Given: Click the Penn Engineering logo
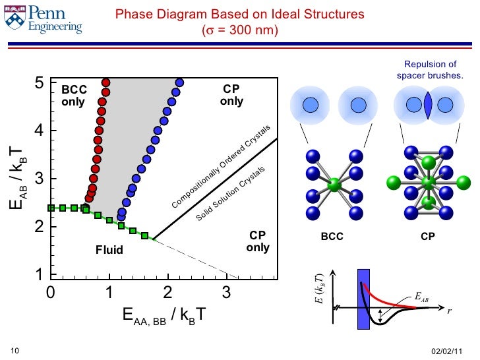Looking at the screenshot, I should pos(43,20).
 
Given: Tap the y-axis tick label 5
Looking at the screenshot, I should pos(40,83).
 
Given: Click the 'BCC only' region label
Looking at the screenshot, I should pos(74,96).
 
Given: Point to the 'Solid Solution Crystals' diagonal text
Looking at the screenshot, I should pos(231,194).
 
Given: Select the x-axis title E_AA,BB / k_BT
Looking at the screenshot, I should pos(164,315).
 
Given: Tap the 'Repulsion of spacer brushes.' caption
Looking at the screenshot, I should pos(430,70).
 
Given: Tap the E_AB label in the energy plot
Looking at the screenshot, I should pos(421,296).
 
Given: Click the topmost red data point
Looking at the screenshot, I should pos(105,82).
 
